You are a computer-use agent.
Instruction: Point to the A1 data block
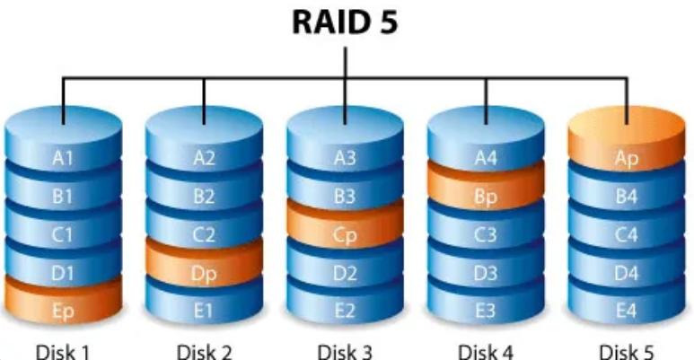click(62, 159)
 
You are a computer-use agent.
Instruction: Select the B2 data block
click(204, 198)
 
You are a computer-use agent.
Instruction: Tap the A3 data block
click(346, 159)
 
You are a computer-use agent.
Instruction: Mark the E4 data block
click(627, 312)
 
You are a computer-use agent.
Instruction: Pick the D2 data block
click(346, 275)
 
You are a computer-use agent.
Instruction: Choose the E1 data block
click(204, 312)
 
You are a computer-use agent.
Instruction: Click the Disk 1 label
click(62, 349)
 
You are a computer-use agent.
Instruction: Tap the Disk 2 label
click(204, 349)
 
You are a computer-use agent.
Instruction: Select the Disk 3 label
click(346, 349)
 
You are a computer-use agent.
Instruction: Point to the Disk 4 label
click(486, 349)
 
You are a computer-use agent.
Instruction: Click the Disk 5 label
click(627, 349)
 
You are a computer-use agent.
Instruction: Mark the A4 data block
click(486, 159)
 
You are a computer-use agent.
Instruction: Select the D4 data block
click(627, 275)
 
